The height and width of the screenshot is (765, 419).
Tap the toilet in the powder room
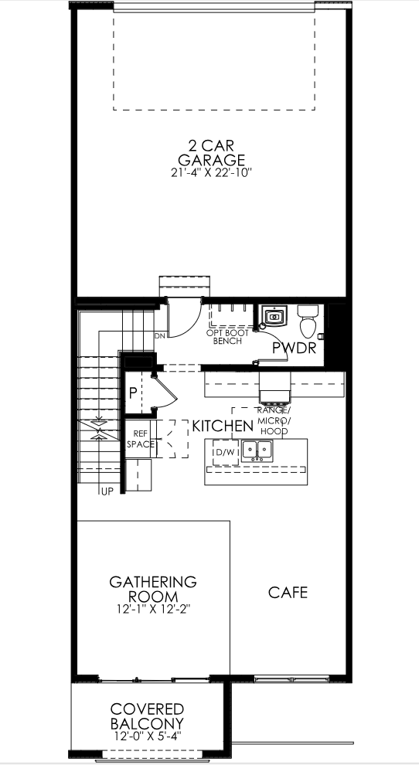coord(308,318)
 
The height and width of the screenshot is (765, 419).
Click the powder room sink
coord(273,315)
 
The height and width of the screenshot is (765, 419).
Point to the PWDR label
coord(294,348)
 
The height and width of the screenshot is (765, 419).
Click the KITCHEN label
coord(222,426)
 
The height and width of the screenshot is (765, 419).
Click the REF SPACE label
coord(141,439)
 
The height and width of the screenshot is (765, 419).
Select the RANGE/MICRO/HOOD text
coord(274,420)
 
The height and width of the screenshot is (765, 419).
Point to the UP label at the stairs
coord(104,491)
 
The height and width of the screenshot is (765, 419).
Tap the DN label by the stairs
coord(160,336)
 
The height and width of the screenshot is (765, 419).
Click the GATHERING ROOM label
coord(152,589)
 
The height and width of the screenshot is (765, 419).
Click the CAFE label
coord(288,593)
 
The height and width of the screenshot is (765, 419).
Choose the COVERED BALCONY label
coord(147,716)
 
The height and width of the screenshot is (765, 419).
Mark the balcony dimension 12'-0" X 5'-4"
coord(147,737)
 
